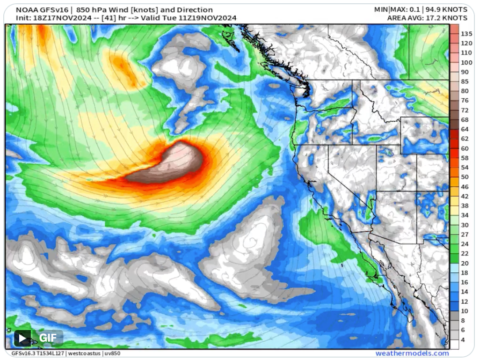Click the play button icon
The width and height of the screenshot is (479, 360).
(22, 338)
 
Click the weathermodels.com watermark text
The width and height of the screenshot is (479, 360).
(412, 353)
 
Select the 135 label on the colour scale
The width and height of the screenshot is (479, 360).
(466, 34)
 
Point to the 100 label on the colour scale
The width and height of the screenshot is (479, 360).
(466, 62)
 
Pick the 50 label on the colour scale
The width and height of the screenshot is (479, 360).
(464, 177)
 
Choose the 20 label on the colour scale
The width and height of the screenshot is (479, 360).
(464, 263)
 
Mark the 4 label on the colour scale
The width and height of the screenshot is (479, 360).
(463, 339)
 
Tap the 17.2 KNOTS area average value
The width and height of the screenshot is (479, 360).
(446, 18)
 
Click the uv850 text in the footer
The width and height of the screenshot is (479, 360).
(112, 353)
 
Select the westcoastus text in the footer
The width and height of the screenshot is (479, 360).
(84, 353)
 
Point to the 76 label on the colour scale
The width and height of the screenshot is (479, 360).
(464, 101)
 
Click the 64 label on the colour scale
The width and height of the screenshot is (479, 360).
(464, 129)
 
